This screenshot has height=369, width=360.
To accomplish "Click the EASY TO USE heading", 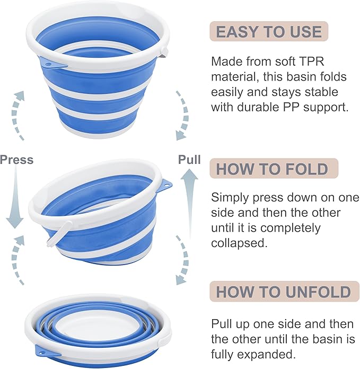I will [269, 31].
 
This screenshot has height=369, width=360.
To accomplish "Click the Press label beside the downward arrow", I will [16, 160].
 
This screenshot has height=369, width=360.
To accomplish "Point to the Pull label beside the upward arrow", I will [189, 160].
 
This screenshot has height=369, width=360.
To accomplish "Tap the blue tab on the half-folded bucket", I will [165, 186].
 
